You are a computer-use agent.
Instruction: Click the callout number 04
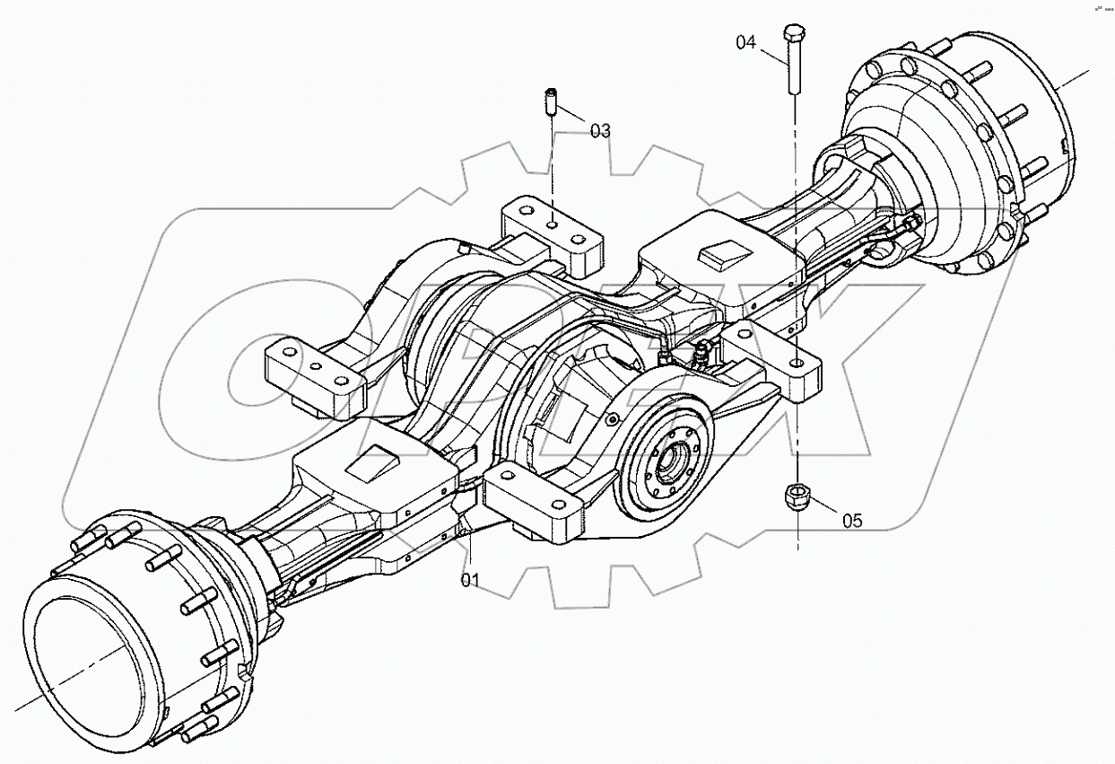tap(746, 41)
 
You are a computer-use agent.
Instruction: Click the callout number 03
tap(600, 131)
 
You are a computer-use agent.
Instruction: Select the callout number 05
tap(852, 521)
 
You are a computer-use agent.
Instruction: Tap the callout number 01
tap(470, 580)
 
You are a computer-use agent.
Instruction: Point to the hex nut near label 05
tap(797, 496)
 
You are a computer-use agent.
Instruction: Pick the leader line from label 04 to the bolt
tap(773, 53)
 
